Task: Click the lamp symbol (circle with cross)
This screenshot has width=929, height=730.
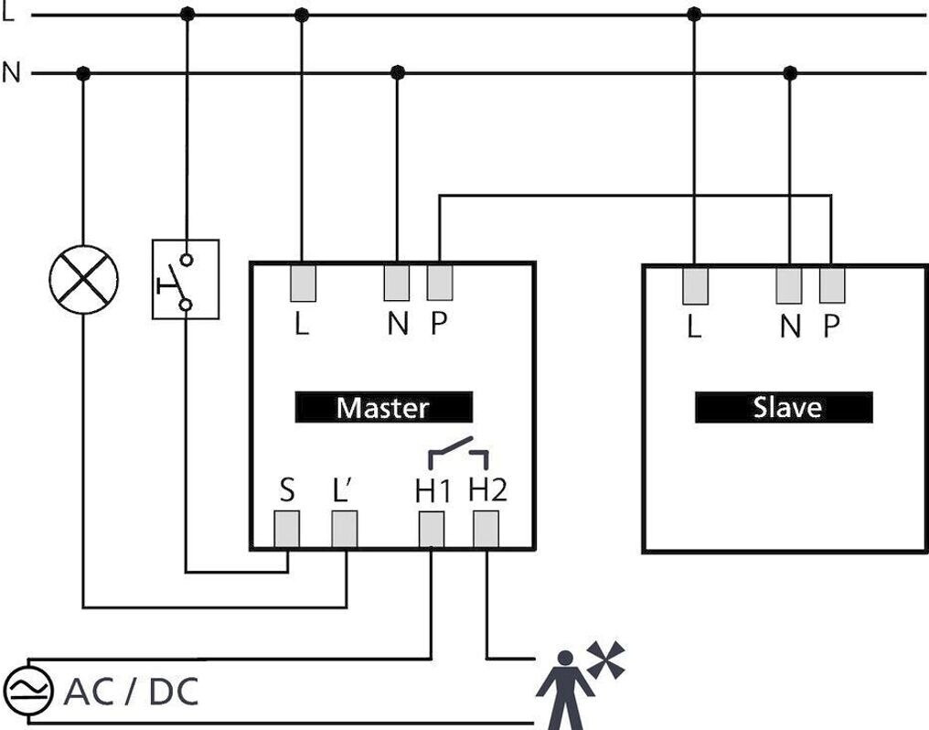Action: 83,279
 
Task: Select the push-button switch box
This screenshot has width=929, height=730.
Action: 186,279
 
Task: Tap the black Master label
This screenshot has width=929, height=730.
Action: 383,407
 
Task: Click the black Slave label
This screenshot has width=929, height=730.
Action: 784,407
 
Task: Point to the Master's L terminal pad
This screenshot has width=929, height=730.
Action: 304,283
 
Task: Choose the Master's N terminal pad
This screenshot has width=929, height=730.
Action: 397,283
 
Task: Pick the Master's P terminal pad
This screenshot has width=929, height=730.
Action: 440,283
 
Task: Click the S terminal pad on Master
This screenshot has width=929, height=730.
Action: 288,529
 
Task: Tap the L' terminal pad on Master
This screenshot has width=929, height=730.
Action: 345,529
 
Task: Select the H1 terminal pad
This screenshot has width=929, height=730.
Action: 432,529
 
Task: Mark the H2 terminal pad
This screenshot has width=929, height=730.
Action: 486,529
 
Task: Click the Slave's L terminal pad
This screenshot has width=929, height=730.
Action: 695,285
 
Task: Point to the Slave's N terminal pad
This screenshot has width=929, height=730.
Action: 789,285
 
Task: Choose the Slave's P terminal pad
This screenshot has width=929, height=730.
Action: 832,285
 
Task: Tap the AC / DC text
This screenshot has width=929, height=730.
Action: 131,692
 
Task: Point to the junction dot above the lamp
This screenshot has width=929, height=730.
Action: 83,73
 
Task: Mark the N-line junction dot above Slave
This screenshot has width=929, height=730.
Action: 791,73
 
